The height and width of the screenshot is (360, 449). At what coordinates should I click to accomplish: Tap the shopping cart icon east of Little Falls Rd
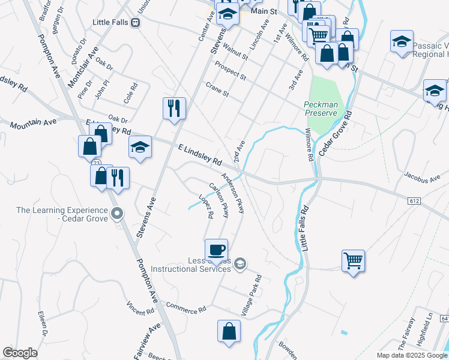[x=354, y=260]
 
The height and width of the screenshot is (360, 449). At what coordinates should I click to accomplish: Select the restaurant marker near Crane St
[x=174, y=109]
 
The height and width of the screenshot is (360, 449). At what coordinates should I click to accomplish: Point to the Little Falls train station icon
[x=136, y=22]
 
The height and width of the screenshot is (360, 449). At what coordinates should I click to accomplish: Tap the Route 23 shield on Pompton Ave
[x=96, y=163]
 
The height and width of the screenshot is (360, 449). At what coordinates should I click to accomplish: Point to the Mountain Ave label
[x=33, y=122]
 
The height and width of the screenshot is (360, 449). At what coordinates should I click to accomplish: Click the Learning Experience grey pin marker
[x=118, y=213]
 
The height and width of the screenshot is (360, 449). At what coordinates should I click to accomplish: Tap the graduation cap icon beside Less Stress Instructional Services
[x=240, y=263]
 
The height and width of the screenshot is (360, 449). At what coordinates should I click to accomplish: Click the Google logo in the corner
[x=20, y=353]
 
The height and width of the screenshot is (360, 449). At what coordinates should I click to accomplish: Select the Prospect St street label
[x=231, y=71]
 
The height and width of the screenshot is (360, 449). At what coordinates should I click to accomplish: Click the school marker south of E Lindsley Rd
[x=140, y=147]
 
